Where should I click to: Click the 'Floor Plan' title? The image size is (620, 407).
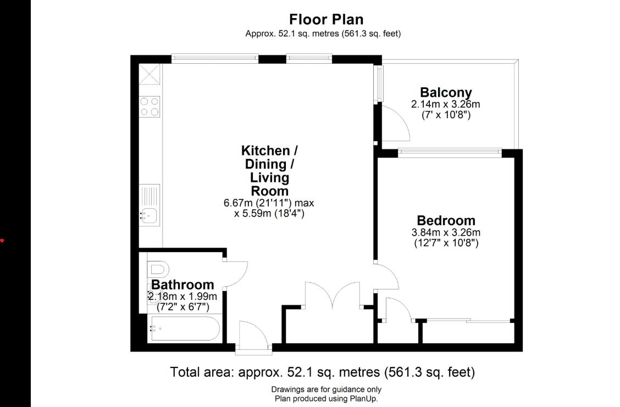tap(326, 19)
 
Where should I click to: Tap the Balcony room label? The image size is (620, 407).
tap(446, 92)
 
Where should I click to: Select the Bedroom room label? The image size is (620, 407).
tap(446, 220)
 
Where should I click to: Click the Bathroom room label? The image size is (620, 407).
tap(182, 285)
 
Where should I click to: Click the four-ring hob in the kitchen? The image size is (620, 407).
tap(150, 107)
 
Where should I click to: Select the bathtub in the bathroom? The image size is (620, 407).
tap(185, 328)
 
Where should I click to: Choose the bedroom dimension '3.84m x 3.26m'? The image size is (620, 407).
tap(446, 232)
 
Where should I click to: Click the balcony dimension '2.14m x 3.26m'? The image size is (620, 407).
tap(446, 104)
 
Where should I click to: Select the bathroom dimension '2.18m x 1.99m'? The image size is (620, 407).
tap(182, 297)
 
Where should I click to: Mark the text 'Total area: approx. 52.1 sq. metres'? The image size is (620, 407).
tap(275, 372)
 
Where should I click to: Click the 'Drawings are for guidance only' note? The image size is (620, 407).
tap(326, 389)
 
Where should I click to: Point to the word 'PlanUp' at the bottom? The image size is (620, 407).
tap(363, 399)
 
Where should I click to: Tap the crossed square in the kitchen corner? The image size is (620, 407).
tap(150, 74)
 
